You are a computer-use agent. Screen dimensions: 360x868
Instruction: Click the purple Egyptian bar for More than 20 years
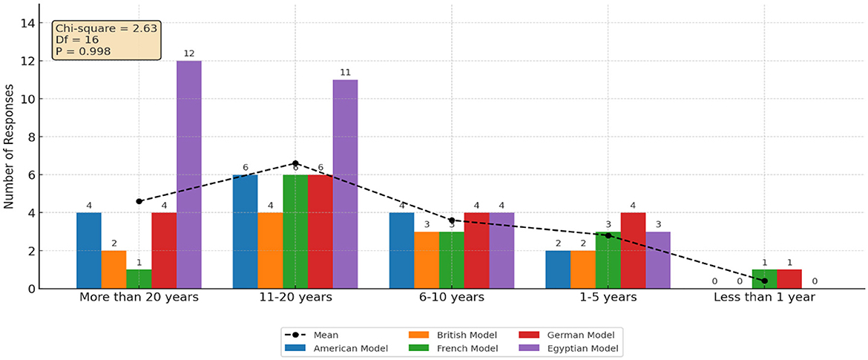tap(188, 174)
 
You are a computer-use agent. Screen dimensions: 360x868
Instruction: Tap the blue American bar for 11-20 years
tap(245, 232)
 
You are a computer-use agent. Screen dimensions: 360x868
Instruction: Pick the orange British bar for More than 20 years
tap(114, 269)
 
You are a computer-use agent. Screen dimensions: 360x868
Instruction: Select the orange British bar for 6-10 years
tap(426, 260)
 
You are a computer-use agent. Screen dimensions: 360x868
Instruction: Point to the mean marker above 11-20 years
tap(295, 163)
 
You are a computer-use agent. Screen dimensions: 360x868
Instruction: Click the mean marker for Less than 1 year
tap(764, 281)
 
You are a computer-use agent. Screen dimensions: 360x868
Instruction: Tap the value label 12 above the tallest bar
tap(188, 53)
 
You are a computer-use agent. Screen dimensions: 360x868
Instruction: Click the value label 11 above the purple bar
tap(345, 72)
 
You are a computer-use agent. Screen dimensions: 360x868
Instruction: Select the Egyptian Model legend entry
tap(591, 347)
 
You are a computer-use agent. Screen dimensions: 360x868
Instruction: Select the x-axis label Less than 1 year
tap(764, 298)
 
